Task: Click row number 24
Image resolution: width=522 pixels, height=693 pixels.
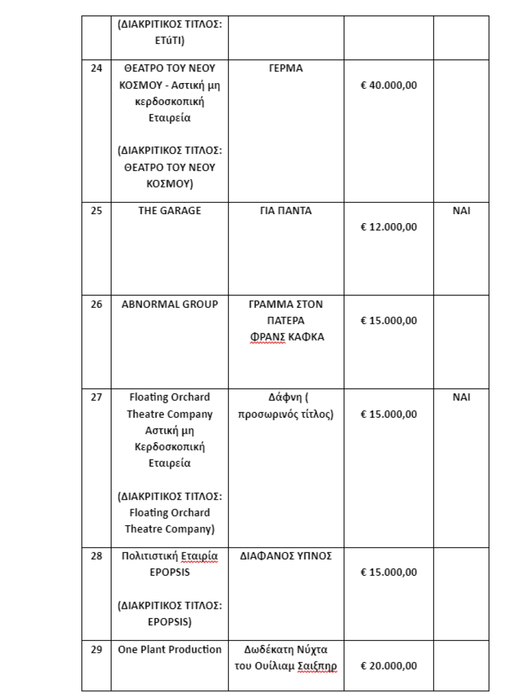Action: [96, 68]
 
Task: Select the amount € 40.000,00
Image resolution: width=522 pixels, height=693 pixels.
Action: [389, 85]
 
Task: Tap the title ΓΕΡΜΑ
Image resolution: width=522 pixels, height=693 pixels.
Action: [285, 68]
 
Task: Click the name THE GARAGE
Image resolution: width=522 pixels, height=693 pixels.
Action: [169, 211]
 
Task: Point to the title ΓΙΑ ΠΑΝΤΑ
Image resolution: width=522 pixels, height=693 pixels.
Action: [285, 211]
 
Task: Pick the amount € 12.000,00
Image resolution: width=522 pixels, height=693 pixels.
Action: [389, 227]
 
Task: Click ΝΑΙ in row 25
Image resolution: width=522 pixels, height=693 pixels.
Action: [461, 211]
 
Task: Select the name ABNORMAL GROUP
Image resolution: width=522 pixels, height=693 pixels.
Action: [169, 304]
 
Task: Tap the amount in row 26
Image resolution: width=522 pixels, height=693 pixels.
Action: [389, 321]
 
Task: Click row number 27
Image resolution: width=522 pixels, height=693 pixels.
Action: [96, 398]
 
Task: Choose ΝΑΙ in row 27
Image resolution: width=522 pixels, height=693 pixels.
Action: [461, 398]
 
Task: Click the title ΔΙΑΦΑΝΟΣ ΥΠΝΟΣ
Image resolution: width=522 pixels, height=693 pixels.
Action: [285, 556]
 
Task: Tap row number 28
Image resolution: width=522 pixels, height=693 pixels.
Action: [96, 556]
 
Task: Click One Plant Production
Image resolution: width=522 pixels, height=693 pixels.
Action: [169, 650]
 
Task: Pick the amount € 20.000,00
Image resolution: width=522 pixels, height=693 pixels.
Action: [389, 666]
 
